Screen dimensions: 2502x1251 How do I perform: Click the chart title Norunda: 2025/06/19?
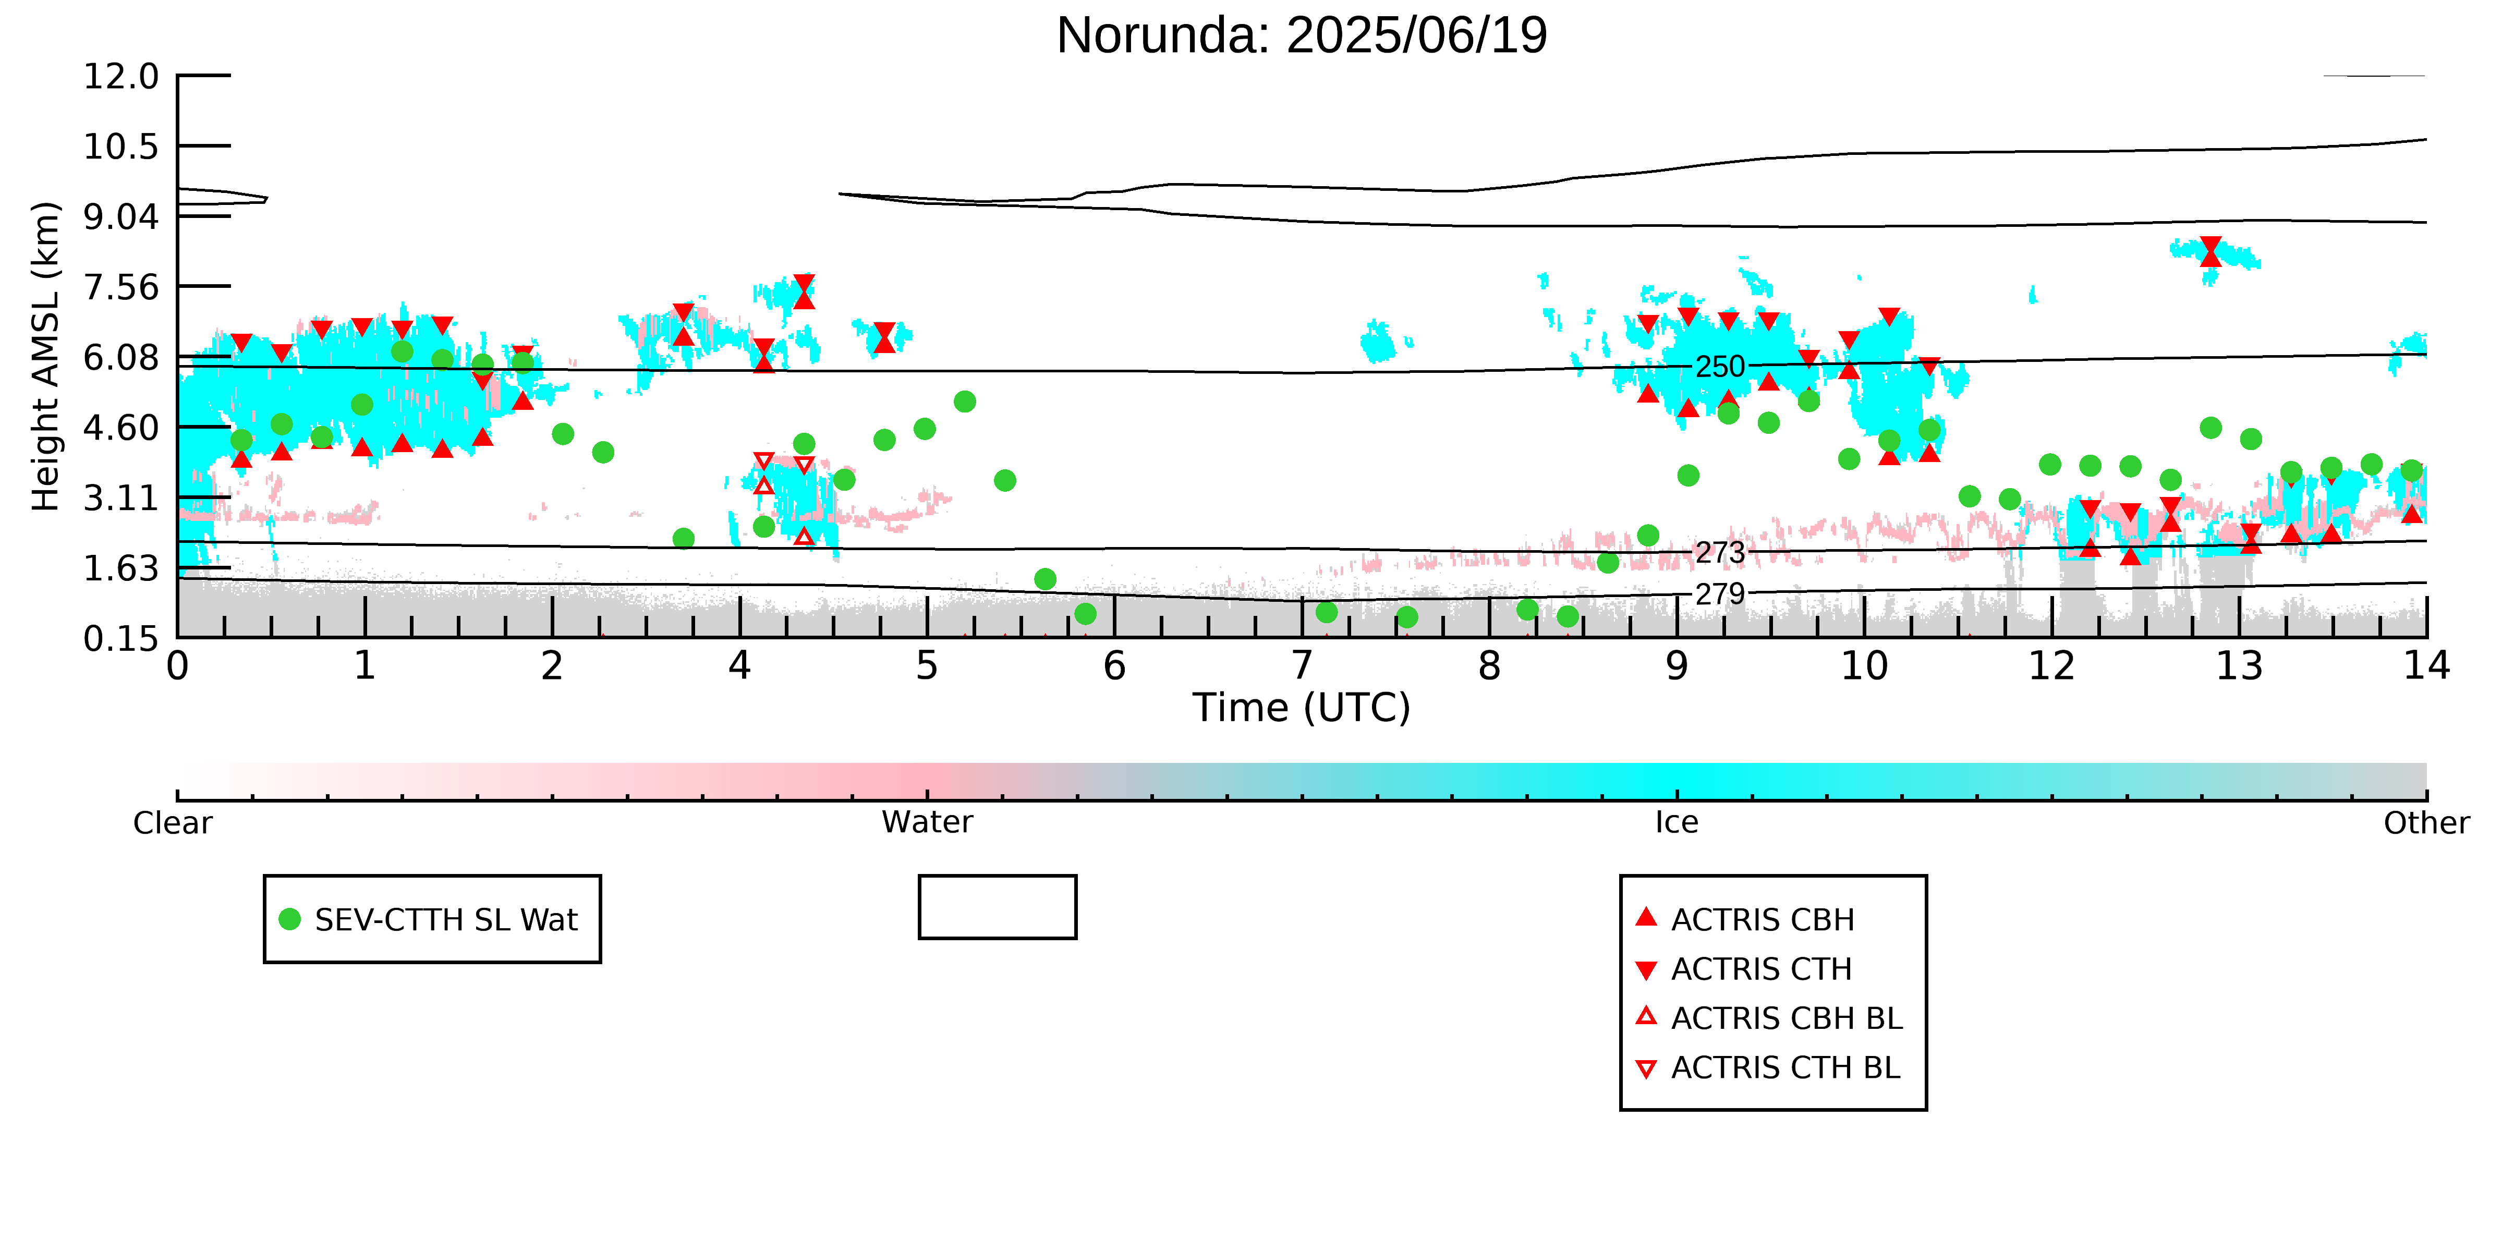click(1302, 36)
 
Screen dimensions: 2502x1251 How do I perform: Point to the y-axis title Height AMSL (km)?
click(46, 357)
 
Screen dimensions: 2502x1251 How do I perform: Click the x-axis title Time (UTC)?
click(1302, 708)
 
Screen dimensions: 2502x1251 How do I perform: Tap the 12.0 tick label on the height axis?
click(122, 76)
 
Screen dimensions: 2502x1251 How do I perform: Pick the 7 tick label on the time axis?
click(1302, 666)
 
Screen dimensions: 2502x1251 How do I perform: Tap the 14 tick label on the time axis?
click(2426, 666)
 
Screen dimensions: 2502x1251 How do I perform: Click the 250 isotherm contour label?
click(1720, 367)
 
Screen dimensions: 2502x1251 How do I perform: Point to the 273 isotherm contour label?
click(1720, 553)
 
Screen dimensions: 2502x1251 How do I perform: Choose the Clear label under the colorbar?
click(173, 823)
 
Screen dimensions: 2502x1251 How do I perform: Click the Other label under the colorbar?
click(2426, 823)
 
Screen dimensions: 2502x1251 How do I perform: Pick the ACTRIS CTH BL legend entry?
click(1768, 1067)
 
